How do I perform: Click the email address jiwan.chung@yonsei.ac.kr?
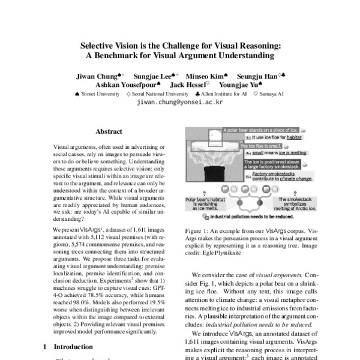180,103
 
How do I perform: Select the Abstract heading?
109,131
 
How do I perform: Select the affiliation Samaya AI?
271,94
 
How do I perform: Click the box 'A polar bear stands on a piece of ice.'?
259,130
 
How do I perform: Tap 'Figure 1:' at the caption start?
197,247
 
